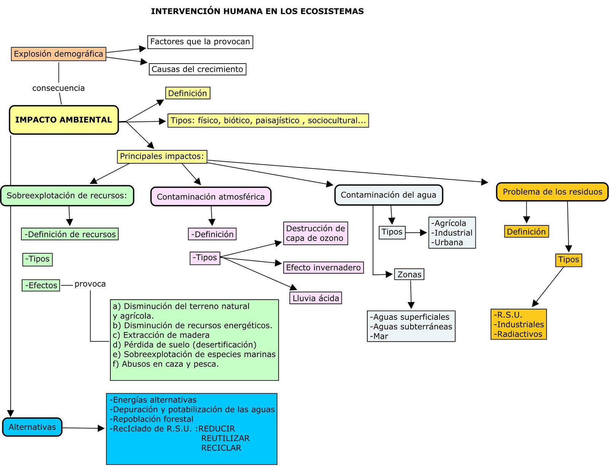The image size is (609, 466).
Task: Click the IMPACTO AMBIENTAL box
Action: pyautogui.click(x=64, y=120)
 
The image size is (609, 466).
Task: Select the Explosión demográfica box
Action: pyautogui.click(x=58, y=54)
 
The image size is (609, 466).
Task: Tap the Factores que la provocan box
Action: pyautogui.click(x=200, y=42)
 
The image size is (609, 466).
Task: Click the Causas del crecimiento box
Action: pyautogui.click(x=197, y=69)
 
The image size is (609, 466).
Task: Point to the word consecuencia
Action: pyautogui.click(x=59, y=88)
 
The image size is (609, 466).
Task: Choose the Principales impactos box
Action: pyautogui.click(x=162, y=156)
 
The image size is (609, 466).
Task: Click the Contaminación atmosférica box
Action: pyautogui.click(x=210, y=197)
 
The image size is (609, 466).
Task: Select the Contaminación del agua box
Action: pyautogui.click(x=388, y=195)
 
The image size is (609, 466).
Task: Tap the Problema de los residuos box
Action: pyautogui.click(x=552, y=192)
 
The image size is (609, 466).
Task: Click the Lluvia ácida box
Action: pyautogui.click(x=316, y=298)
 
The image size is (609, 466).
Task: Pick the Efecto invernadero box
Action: pyautogui.click(x=323, y=268)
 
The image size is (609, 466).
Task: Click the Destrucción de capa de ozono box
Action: pyautogui.click(x=315, y=233)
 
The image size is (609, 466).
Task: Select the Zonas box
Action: pyautogui.click(x=409, y=274)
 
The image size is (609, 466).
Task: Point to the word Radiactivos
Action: pyautogui.click(x=520, y=334)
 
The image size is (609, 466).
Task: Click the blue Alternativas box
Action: pyautogui.click(x=32, y=427)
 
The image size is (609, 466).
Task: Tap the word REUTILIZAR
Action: pyautogui.click(x=225, y=439)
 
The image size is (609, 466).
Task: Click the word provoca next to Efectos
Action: pyautogui.click(x=90, y=284)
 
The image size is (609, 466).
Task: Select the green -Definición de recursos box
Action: pyautogui.click(x=70, y=235)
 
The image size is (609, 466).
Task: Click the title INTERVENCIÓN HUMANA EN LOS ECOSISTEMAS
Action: pyautogui.click(x=257, y=11)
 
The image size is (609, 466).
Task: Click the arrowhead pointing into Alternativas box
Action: pyautogui.click(x=11, y=413)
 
